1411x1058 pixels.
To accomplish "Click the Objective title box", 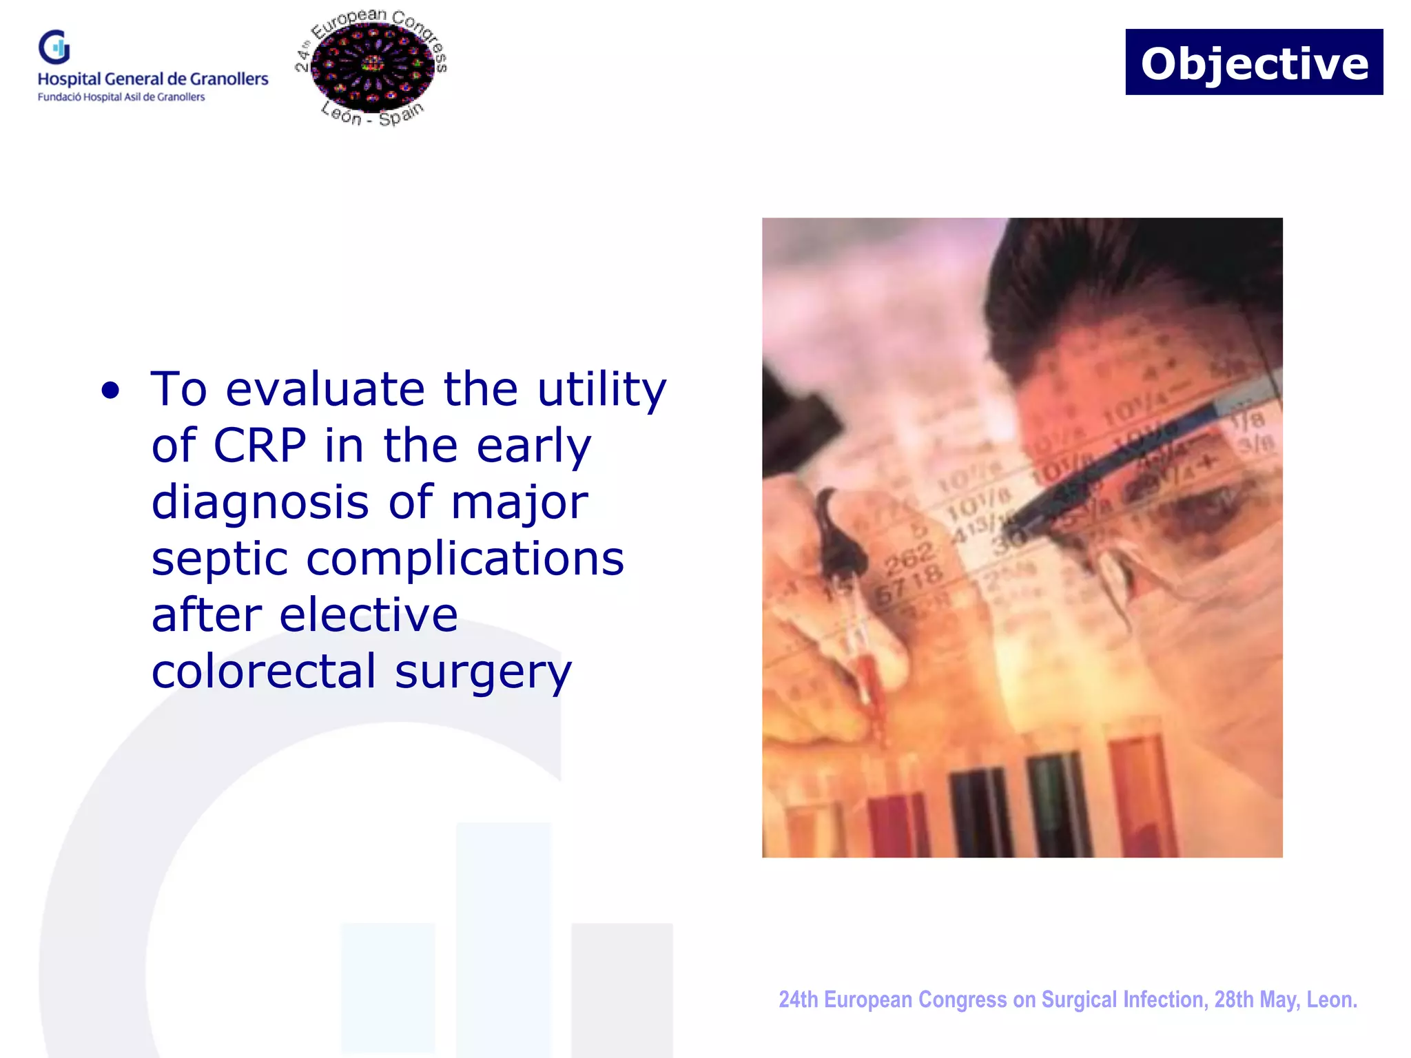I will click(1253, 62).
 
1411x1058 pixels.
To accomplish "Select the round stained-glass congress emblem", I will click(372, 68).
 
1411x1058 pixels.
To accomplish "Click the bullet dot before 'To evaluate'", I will click(110, 391).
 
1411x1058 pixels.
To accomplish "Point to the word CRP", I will click(260, 446).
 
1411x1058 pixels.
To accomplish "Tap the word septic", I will click(219, 559).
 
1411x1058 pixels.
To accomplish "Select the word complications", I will click(465, 559).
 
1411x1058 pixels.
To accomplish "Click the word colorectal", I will click(264, 672).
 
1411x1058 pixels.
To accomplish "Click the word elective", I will click(369, 615).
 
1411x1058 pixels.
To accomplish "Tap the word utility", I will click(601, 390).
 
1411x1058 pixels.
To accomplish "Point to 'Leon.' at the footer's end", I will click(1332, 999).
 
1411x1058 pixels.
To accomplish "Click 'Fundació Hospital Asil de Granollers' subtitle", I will click(121, 97).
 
